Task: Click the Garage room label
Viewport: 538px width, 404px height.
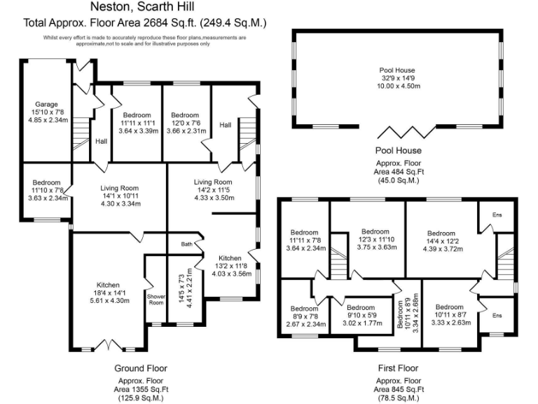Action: pos(47,105)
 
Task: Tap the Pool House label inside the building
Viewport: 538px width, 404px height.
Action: pos(397,70)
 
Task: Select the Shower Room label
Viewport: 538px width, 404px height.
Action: pos(156,299)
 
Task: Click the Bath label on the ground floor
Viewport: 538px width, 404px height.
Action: pos(186,245)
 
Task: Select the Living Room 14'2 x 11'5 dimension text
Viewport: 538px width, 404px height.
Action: pos(213,189)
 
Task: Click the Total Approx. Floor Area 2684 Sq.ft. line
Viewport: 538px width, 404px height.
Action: pos(144,22)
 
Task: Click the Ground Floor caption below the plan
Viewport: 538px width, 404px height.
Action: pos(140,368)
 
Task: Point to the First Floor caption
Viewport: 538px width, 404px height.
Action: pos(397,368)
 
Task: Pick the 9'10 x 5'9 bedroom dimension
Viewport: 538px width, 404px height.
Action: pos(361,316)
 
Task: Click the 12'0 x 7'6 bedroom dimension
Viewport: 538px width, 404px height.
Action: pos(186,123)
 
